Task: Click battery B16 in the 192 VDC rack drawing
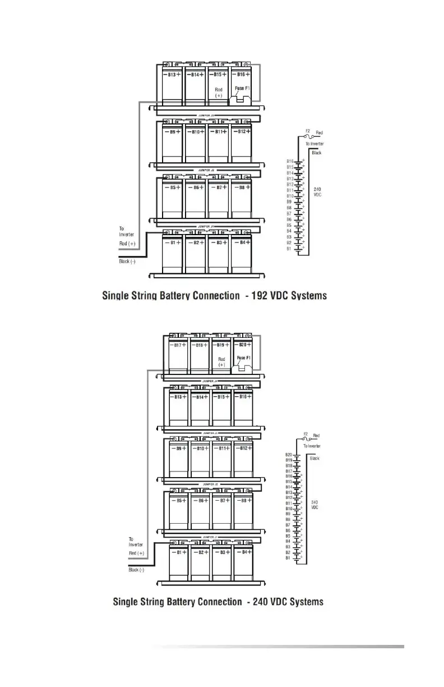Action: coord(242,84)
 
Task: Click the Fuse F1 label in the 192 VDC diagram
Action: coord(243,89)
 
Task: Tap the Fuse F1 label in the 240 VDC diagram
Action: coord(244,358)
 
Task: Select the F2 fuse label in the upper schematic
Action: coord(307,132)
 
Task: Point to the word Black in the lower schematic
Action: coord(314,458)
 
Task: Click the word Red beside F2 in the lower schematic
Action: coord(317,436)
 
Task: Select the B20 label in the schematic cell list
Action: coord(288,455)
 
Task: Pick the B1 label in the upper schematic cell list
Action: coord(289,249)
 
